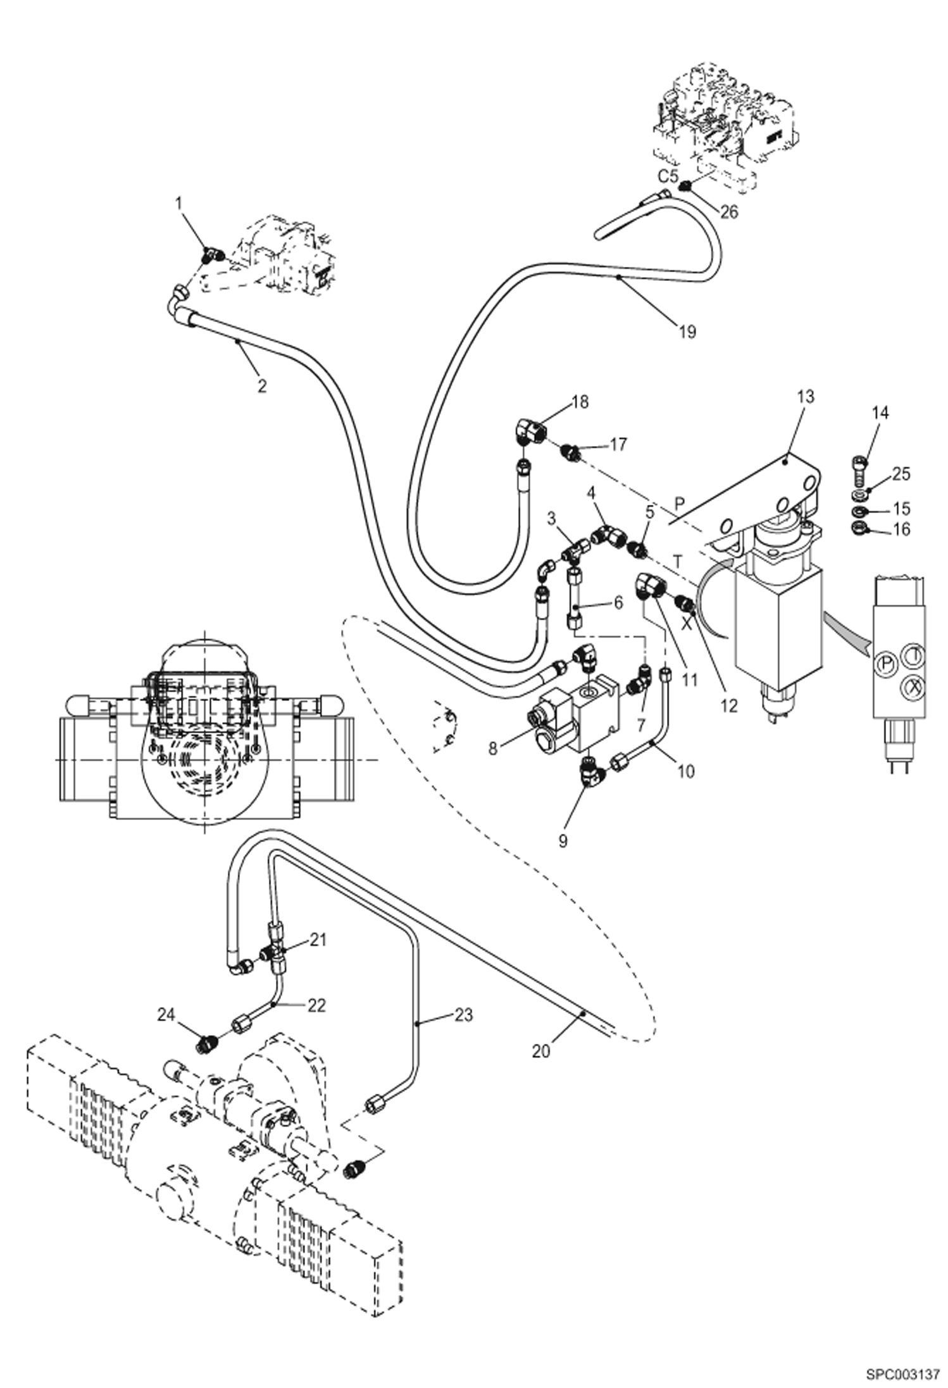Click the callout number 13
pyautogui.click(x=805, y=397)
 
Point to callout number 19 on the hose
pyautogui.click(x=687, y=332)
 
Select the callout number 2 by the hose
pyautogui.click(x=261, y=385)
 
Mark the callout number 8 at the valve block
pyautogui.click(x=494, y=748)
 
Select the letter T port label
pyautogui.click(x=678, y=561)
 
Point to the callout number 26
pyautogui.click(x=729, y=212)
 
